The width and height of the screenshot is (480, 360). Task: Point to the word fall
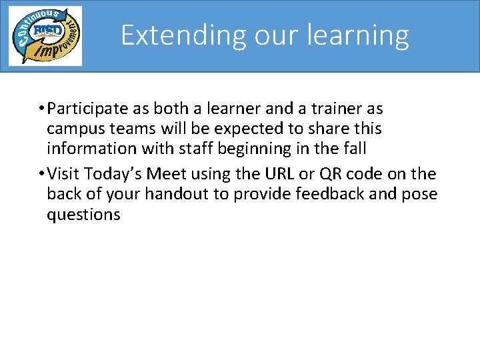[x=353, y=148]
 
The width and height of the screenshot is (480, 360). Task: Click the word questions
[x=83, y=215]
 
